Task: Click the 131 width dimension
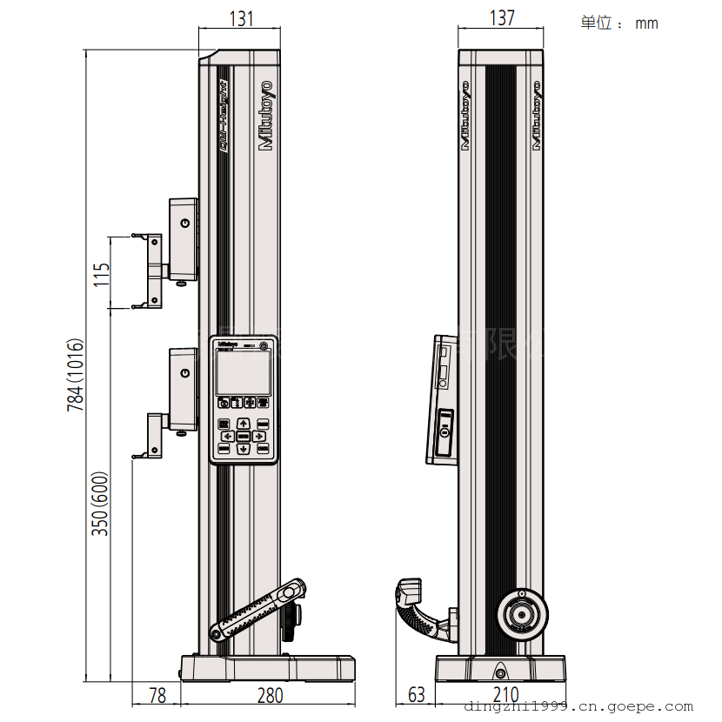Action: click(x=240, y=18)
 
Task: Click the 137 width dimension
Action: click(x=502, y=18)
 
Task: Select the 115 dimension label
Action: click(x=102, y=275)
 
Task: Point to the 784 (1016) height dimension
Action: click(x=77, y=374)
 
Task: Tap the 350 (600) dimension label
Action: click(x=102, y=504)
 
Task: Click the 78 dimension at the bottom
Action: click(x=157, y=695)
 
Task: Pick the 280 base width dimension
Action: click(x=270, y=695)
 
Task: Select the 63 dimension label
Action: click(x=417, y=695)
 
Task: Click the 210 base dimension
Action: click(x=505, y=695)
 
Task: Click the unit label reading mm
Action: click(x=646, y=23)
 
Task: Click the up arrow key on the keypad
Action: click(x=244, y=423)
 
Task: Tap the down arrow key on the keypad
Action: click(x=244, y=449)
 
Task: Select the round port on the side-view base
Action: click(x=500, y=672)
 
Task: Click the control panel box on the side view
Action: click(x=443, y=401)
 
